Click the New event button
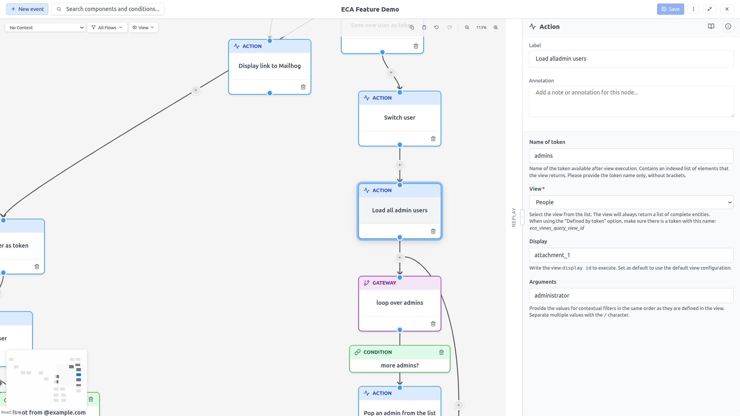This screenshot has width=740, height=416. pos(27,9)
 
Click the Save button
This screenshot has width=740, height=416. pos(670,9)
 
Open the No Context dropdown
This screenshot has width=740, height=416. pos(45,27)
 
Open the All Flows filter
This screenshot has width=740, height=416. pos(107,27)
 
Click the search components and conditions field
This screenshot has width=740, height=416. pos(112,9)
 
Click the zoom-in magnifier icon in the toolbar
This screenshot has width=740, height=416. pos(495,27)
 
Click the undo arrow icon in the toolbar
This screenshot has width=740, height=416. pos(436,27)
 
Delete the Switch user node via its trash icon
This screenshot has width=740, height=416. pos(433,139)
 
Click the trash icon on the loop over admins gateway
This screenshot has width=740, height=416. pos(433,324)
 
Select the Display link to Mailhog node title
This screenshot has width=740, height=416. pos(269,66)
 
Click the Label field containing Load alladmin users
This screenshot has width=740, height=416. pos(631,59)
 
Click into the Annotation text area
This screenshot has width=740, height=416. pos(631,101)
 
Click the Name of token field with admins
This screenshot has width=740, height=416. pos(631,156)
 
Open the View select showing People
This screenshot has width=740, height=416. pos(631,202)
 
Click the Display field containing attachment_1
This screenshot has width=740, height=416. pos(631,255)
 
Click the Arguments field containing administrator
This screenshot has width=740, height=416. pos(631,296)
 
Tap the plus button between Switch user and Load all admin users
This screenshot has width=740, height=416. pos(399,165)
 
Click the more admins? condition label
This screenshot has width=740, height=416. pos(399,365)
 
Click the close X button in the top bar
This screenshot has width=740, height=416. pos(727,9)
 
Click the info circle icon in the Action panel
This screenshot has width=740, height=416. pos(728,27)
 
